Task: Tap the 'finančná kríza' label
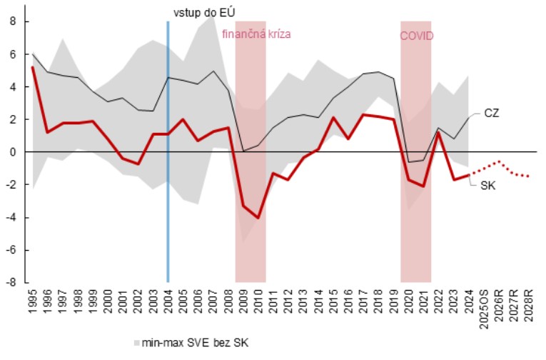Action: [257, 34]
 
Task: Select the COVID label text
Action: [416, 36]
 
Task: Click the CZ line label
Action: [492, 113]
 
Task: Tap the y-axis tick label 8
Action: [12, 21]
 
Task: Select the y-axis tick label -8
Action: [10, 282]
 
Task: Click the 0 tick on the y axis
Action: [12, 152]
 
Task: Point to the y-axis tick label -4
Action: [10, 217]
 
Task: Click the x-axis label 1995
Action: [34, 302]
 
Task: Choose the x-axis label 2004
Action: [168, 302]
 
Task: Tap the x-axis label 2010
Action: [258, 302]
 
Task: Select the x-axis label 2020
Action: [408, 302]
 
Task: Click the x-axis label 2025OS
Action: [483, 307]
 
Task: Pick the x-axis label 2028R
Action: [528, 305]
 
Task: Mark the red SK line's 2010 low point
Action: [258, 218]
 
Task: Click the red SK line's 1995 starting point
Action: [34, 67]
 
